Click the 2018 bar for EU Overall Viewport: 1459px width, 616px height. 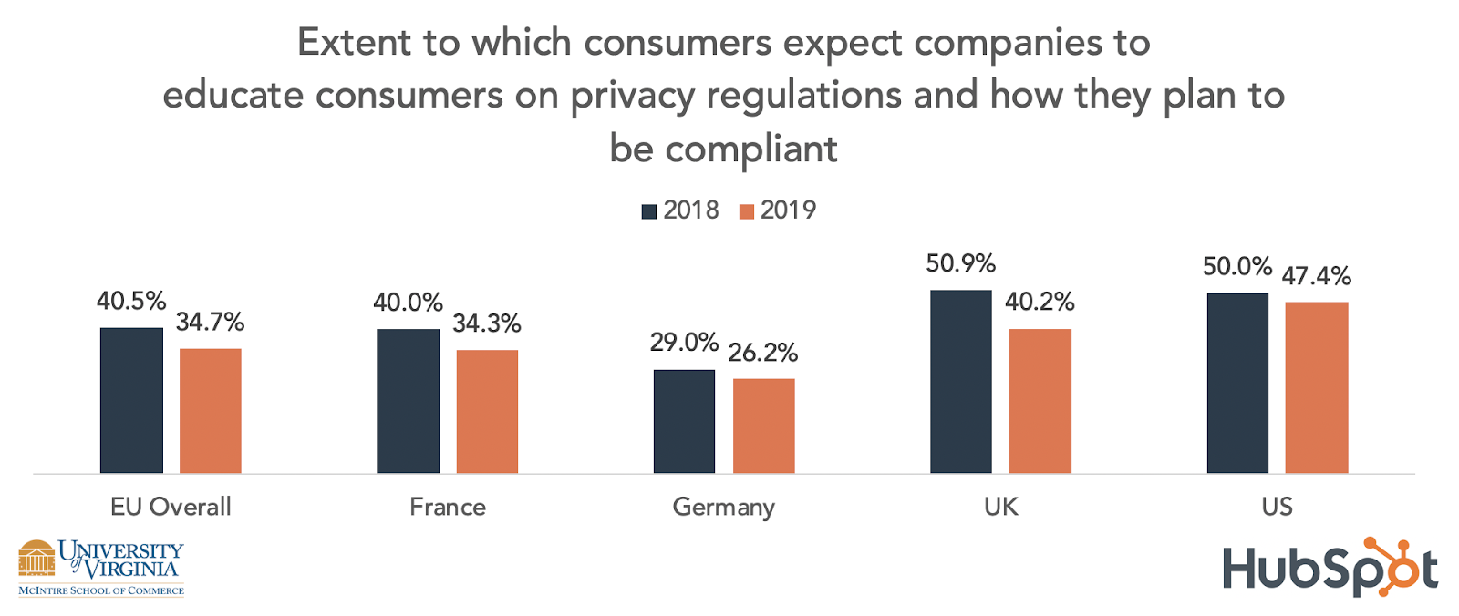(x=131, y=400)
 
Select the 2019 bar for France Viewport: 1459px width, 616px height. (x=487, y=411)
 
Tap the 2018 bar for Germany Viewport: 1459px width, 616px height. (x=684, y=421)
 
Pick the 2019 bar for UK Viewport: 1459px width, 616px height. (x=1040, y=401)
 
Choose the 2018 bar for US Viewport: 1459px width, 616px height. (x=1237, y=383)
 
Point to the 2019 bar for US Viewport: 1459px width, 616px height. (x=1317, y=387)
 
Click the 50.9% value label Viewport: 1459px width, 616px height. (x=960, y=264)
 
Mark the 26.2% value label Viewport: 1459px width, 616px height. (x=763, y=353)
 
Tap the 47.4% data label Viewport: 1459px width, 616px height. (x=1317, y=276)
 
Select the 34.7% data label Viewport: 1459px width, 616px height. (x=210, y=323)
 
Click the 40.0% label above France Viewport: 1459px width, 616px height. (x=408, y=303)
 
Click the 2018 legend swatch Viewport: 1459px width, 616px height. (x=649, y=211)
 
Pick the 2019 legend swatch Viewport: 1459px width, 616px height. (x=747, y=211)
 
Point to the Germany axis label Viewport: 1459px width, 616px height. (x=723, y=507)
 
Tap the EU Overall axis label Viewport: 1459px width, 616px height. (x=171, y=507)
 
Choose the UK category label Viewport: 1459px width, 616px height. (x=1000, y=507)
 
